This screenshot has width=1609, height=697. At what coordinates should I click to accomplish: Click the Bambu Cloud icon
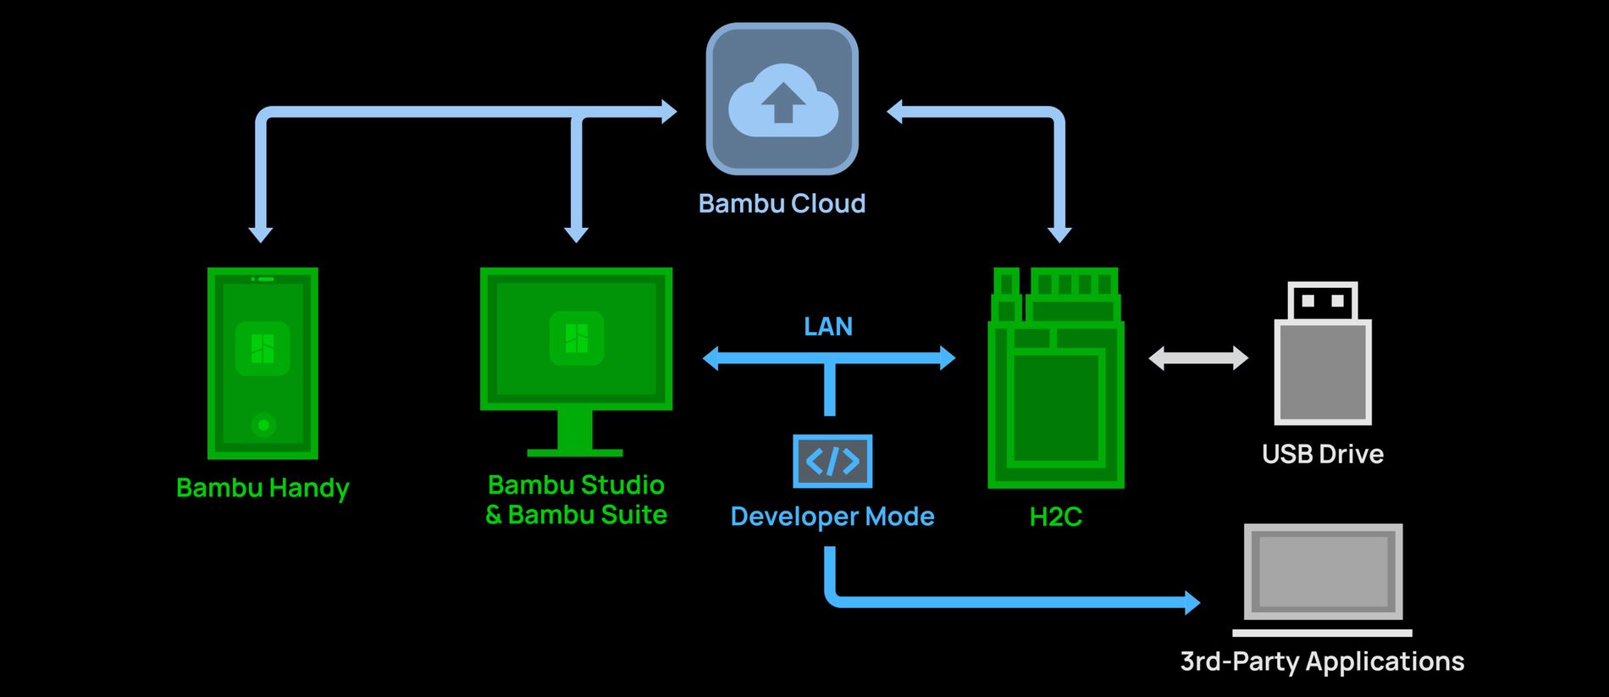(782, 99)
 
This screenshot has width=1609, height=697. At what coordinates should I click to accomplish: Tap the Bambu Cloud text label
(782, 204)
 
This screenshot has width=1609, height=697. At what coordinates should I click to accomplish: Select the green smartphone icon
(263, 363)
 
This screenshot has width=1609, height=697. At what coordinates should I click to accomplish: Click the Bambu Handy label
(263, 489)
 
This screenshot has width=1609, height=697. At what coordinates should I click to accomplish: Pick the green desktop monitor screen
(576, 339)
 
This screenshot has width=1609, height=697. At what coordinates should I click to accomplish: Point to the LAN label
(827, 327)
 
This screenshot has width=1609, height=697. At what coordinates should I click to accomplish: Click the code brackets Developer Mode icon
(832, 462)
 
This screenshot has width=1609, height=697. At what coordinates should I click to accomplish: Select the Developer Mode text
(832, 517)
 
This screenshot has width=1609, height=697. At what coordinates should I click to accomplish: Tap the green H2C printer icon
(1055, 379)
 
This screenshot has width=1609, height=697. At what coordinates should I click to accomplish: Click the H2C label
(1055, 517)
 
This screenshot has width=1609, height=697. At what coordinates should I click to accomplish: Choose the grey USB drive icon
(1322, 354)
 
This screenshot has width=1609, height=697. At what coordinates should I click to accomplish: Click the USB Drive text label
(1322, 455)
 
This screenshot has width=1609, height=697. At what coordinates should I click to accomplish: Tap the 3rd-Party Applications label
(1322, 661)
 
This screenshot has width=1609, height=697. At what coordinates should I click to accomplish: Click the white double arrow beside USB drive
(1197, 358)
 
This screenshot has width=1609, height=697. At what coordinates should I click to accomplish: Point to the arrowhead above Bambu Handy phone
(261, 234)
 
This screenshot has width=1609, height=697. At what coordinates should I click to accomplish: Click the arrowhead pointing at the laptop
(1192, 602)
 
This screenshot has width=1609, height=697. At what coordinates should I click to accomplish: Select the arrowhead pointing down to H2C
(1059, 234)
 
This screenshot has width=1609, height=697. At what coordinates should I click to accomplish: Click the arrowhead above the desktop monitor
(576, 234)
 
